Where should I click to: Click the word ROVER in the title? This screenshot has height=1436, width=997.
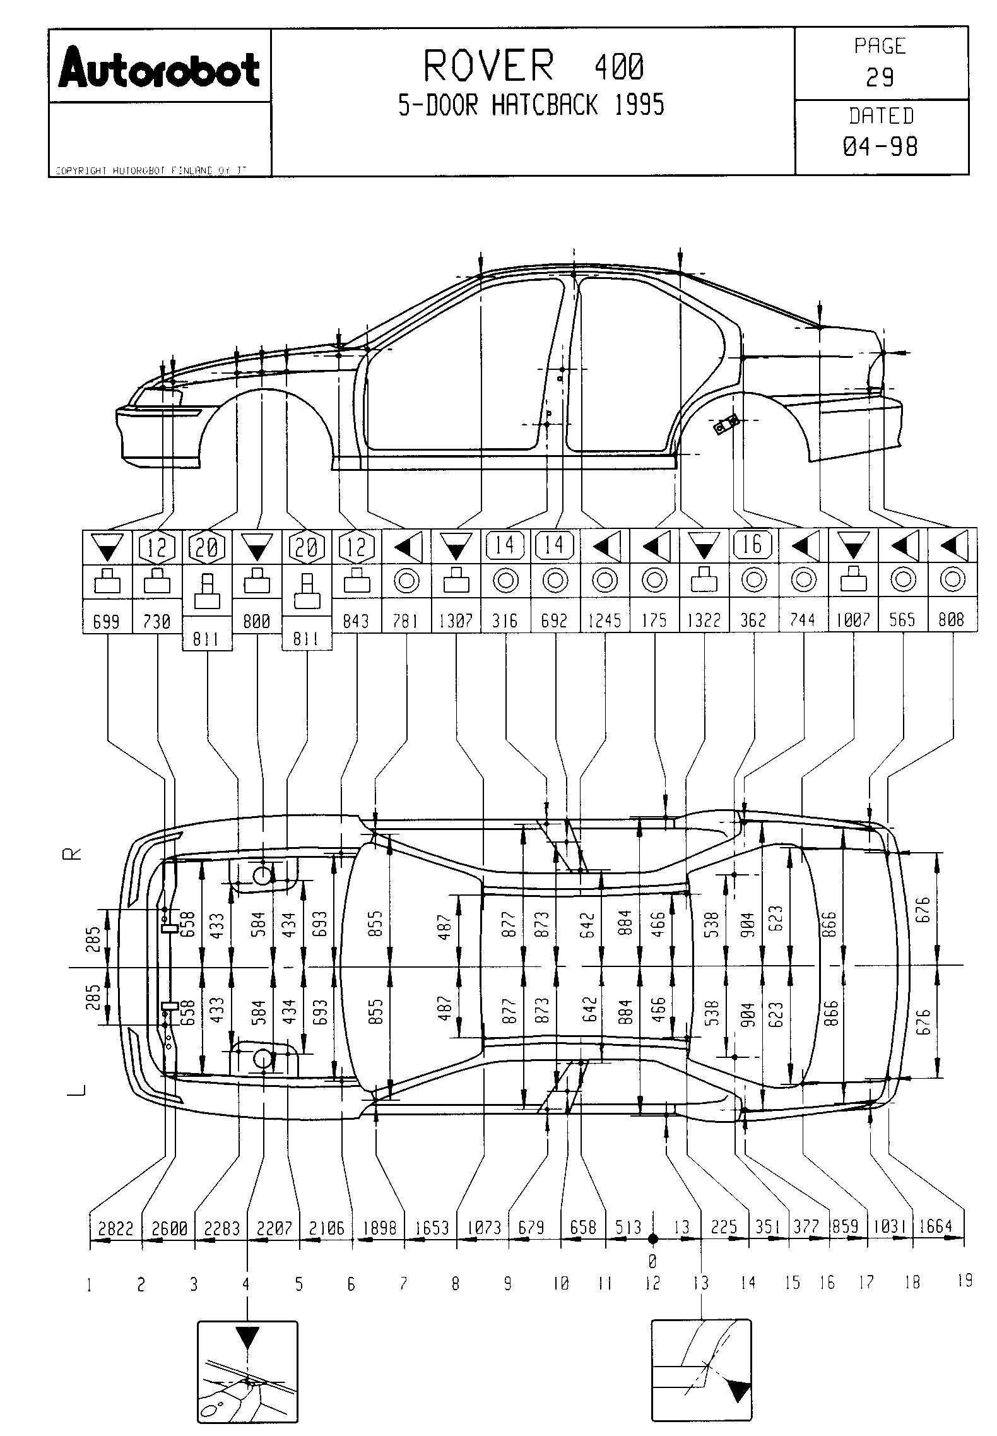pyautogui.click(x=489, y=66)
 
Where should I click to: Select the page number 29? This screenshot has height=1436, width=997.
pyautogui.click(x=880, y=77)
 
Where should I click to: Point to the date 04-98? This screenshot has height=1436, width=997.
pyautogui.click(x=880, y=147)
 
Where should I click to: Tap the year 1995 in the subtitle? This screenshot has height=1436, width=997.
pyautogui.click(x=639, y=105)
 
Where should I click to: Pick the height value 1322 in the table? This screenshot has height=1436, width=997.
pyautogui.click(x=704, y=620)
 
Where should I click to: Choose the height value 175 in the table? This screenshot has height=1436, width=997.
pyautogui.click(x=654, y=620)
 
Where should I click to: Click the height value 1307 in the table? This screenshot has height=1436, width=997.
pyautogui.click(x=456, y=620)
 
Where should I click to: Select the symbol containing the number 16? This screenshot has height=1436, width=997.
pyautogui.click(x=753, y=545)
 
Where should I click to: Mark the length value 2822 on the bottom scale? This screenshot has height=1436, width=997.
pyautogui.click(x=116, y=1228)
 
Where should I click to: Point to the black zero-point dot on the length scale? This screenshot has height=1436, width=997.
pyautogui.click(x=653, y=1238)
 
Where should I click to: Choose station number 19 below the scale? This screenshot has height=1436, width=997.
pyautogui.click(x=964, y=1281)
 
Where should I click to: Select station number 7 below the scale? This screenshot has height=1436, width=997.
pyautogui.click(x=403, y=1283)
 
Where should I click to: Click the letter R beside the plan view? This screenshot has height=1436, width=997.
pyautogui.click(x=74, y=854)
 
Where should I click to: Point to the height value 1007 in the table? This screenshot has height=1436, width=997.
pyautogui.click(x=852, y=620)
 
